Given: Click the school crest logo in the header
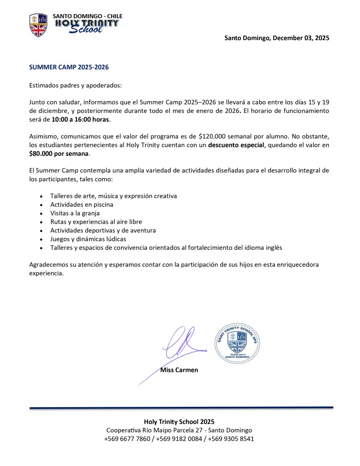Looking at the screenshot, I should pos(39,25).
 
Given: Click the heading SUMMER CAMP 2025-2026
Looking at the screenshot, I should pos(69,67).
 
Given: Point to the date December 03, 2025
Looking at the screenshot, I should pos(300,38).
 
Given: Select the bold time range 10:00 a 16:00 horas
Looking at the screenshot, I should pos(80,119).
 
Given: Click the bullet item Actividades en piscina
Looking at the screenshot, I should pos(81,205).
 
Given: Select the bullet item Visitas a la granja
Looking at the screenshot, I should pos(75,213).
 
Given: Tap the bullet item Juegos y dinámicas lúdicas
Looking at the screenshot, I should pos(88,239).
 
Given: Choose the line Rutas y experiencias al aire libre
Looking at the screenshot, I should pos(96,222).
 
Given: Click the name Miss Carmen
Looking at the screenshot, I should pos(179,370).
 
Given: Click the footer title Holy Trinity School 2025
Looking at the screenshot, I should pos(179,422).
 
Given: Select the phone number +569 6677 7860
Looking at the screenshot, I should pos(127,439).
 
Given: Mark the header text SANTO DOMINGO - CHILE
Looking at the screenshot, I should pos(87,16).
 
